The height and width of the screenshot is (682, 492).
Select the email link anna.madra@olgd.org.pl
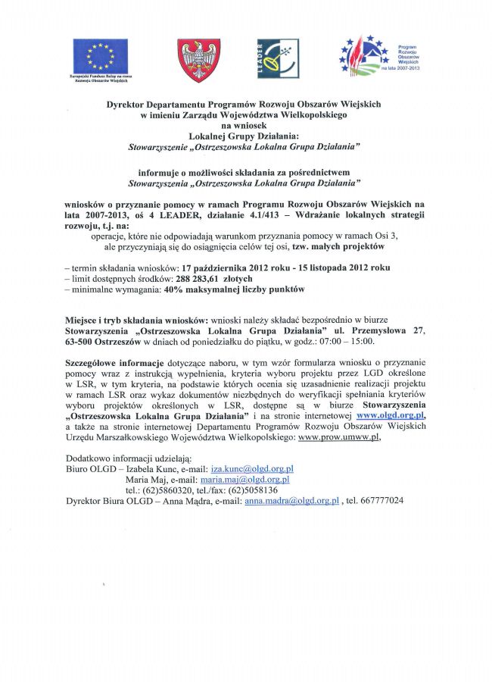[291, 501]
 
